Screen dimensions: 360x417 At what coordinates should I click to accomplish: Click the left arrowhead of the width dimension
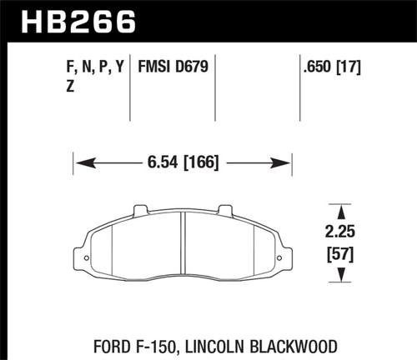tap(81, 163)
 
